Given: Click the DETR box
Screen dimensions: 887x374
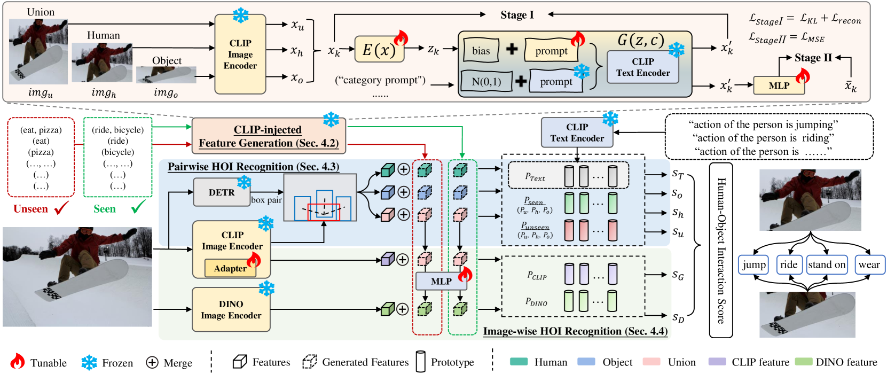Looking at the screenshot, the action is pyautogui.click(x=222, y=192).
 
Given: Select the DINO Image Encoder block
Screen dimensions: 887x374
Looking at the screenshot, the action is pyautogui.click(x=231, y=309).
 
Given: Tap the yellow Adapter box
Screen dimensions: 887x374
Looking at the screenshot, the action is pyautogui.click(x=230, y=268).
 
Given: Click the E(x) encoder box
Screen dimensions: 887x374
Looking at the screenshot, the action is pyautogui.click(x=379, y=49).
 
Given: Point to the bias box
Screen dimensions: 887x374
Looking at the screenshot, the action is pyautogui.click(x=481, y=50).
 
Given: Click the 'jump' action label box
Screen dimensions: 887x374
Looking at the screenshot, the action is pyautogui.click(x=753, y=264).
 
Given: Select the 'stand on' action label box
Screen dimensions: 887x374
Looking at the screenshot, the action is pyautogui.click(x=827, y=264).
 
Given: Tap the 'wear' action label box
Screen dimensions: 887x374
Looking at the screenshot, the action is pyautogui.click(x=869, y=264).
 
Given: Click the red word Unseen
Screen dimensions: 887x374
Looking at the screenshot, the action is pyautogui.click(x=30, y=209).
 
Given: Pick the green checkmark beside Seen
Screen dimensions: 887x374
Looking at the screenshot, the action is pyautogui.click(x=138, y=206).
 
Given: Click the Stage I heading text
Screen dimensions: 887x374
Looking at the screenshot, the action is pyautogui.click(x=517, y=15).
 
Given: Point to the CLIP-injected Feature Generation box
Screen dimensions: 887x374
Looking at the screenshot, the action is pyautogui.click(x=269, y=136).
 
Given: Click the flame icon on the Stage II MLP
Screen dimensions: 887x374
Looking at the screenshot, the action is pyautogui.click(x=802, y=75).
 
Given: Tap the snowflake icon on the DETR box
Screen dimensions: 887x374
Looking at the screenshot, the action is pyautogui.click(x=244, y=183).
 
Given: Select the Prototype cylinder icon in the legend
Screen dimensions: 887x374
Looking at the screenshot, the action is pyautogui.click(x=421, y=361).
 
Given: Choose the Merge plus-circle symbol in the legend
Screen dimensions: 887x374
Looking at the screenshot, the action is pyautogui.click(x=152, y=362).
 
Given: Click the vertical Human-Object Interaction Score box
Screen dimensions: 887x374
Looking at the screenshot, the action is pyautogui.click(x=721, y=250).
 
